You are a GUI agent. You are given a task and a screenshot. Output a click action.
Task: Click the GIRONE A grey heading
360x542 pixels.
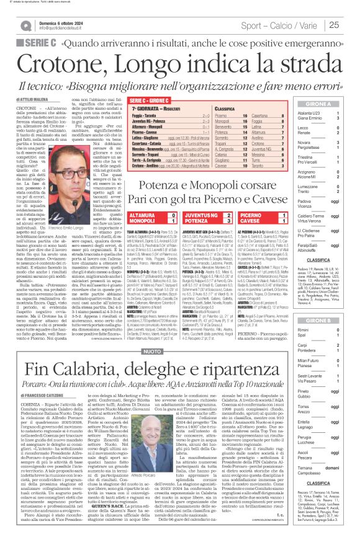tap(321, 105)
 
